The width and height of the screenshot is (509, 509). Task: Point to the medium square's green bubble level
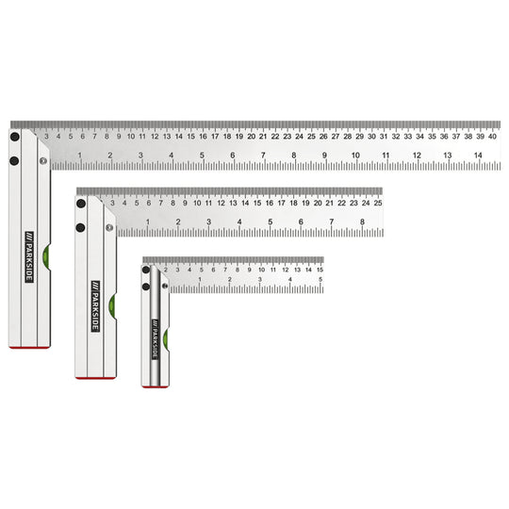click(112, 303)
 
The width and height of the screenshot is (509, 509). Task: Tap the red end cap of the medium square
click(96, 377)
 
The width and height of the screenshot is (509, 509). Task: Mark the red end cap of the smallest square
click(155, 385)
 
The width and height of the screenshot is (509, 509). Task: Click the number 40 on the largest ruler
click(491, 134)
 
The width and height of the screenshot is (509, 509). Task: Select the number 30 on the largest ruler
click(370, 134)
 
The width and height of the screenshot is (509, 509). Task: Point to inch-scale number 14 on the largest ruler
click(478, 156)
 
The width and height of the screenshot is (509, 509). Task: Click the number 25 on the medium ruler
click(377, 201)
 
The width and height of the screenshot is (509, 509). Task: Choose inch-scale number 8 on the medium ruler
click(362, 222)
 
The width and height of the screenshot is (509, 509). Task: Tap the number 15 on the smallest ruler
click(319, 269)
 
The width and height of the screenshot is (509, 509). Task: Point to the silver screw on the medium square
click(109, 226)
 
